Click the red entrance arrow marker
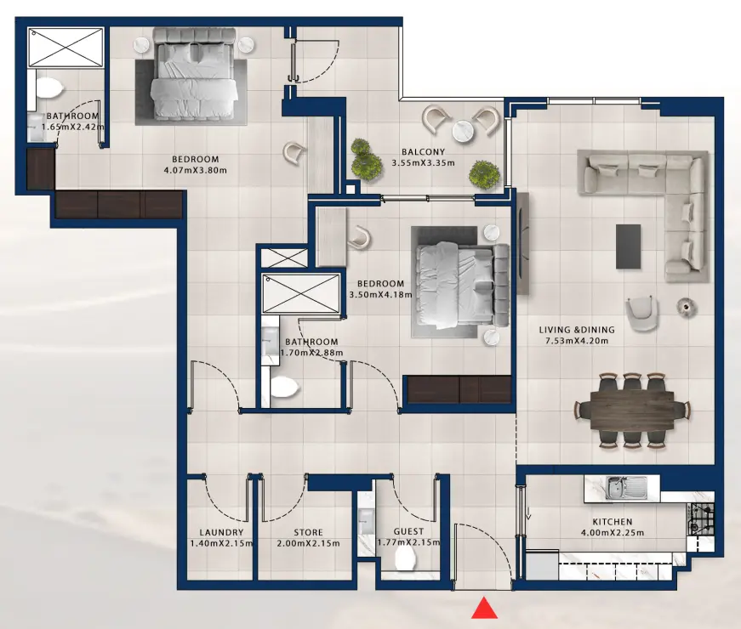(x=484, y=609)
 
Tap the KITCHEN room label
(x=612, y=522)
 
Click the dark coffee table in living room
(x=629, y=246)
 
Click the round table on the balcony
(x=463, y=131)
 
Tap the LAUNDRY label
(x=214, y=532)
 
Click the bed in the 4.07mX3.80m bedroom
(x=193, y=75)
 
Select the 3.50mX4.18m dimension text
(x=380, y=295)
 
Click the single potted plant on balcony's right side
(x=484, y=173)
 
